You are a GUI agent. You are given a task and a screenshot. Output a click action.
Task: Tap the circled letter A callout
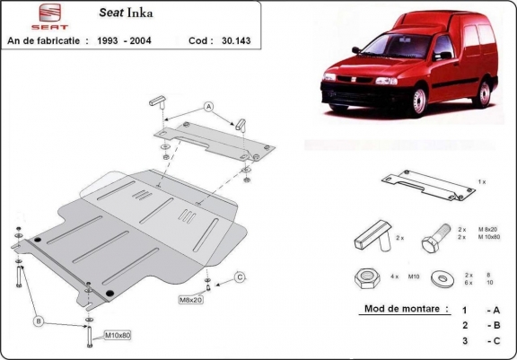point(209,106)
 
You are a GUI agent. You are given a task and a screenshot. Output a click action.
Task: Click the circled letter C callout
point(241,276)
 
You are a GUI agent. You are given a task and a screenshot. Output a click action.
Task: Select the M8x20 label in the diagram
point(191,298)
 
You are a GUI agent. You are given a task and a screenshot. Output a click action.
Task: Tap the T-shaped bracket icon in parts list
point(372,237)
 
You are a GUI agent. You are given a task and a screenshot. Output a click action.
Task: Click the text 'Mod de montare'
point(405,308)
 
